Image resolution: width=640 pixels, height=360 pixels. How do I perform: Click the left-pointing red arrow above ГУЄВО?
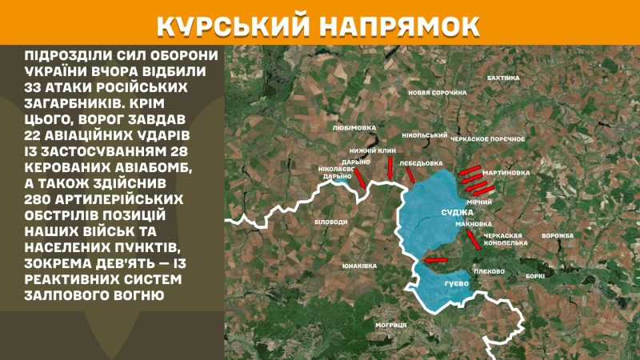(437, 259)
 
